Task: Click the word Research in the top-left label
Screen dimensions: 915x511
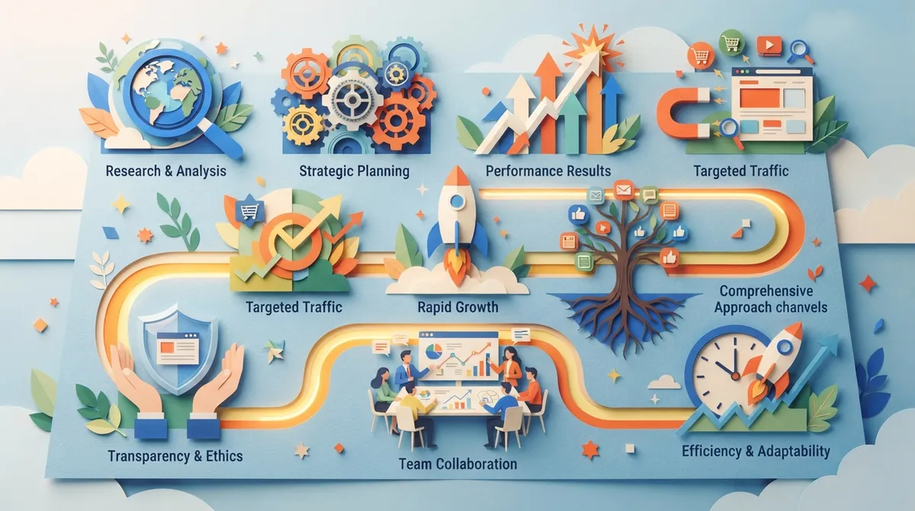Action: [133, 171]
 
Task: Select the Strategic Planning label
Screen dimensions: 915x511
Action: [354, 171]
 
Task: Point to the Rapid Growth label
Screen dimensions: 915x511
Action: [458, 307]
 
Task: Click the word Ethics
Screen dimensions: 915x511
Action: [224, 456]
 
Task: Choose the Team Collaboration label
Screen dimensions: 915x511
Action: [458, 464]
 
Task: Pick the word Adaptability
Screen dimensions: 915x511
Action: [794, 452]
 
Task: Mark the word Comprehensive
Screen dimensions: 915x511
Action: [766, 291]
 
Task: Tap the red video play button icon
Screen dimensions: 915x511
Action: [769, 45]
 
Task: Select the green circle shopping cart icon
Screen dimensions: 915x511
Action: [730, 41]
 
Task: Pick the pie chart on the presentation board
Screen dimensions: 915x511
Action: [434, 351]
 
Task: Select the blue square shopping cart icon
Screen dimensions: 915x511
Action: [250, 211]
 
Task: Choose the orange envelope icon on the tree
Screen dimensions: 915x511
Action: [624, 190]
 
